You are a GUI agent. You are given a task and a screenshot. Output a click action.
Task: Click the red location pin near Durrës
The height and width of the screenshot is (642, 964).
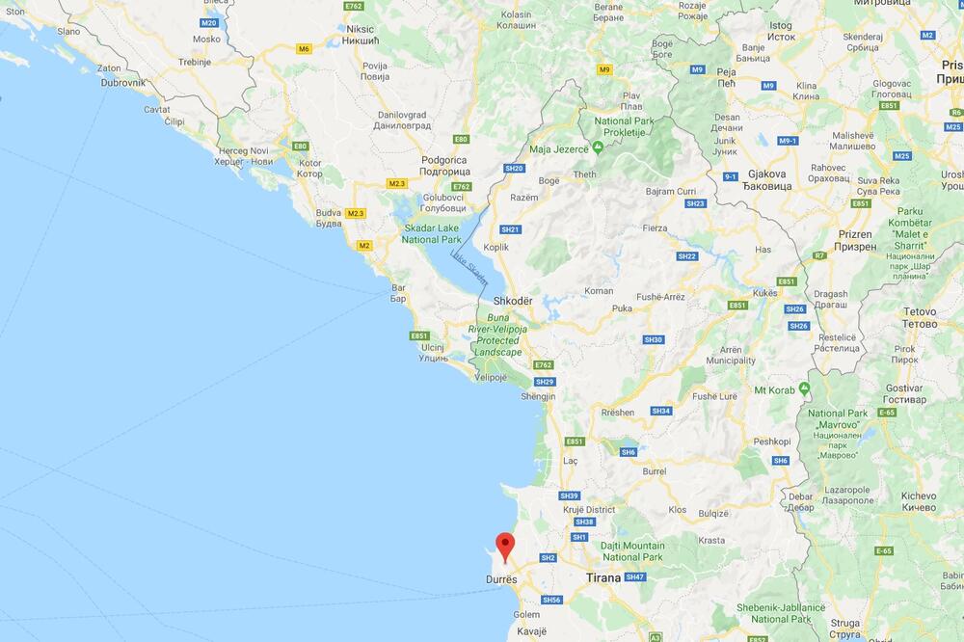click(x=505, y=545)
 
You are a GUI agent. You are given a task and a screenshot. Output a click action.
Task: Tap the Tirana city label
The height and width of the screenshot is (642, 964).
click(x=604, y=577)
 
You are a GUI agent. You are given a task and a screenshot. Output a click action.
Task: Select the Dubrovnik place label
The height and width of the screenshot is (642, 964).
click(x=123, y=83)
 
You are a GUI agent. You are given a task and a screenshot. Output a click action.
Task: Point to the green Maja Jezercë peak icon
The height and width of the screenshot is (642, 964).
click(x=599, y=147)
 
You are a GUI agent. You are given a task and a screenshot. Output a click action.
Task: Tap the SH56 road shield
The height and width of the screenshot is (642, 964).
click(x=551, y=600)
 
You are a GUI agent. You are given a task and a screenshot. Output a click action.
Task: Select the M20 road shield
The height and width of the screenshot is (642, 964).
click(x=209, y=21)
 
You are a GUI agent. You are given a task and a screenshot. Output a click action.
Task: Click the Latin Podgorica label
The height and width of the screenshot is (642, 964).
click(x=443, y=160)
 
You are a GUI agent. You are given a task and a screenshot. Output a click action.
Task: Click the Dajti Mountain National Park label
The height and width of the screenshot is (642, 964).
click(x=632, y=551)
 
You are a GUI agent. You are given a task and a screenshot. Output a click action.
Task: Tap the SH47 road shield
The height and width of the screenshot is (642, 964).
click(x=634, y=576)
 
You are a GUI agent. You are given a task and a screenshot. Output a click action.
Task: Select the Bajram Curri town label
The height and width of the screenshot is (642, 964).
click(x=674, y=191)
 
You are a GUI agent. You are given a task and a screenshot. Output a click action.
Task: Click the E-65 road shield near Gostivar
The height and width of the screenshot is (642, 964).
click(x=887, y=412)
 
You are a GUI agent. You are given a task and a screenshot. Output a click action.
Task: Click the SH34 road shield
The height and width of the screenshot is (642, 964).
click(x=660, y=411)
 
